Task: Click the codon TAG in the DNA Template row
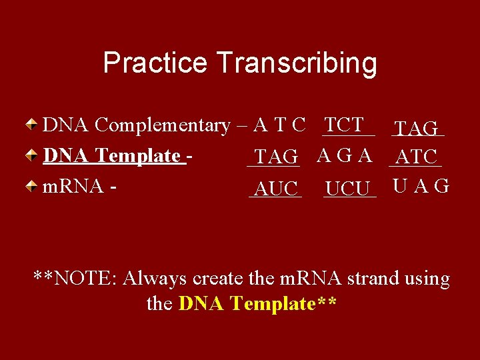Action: (x=275, y=157)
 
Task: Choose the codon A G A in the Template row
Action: (x=345, y=156)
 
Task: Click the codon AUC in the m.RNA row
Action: (x=276, y=189)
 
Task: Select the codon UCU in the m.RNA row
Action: (x=348, y=189)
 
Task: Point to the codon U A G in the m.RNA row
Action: (x=421, y=186)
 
